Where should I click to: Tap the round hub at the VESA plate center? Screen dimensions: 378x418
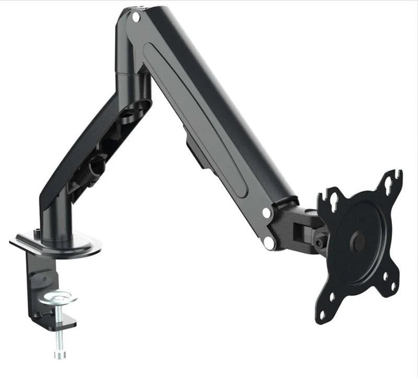click(x=358, y=240)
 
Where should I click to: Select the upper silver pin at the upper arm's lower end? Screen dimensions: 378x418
click(x=266, y=213)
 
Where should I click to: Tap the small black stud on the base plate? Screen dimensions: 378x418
click(x=36, y=232)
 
